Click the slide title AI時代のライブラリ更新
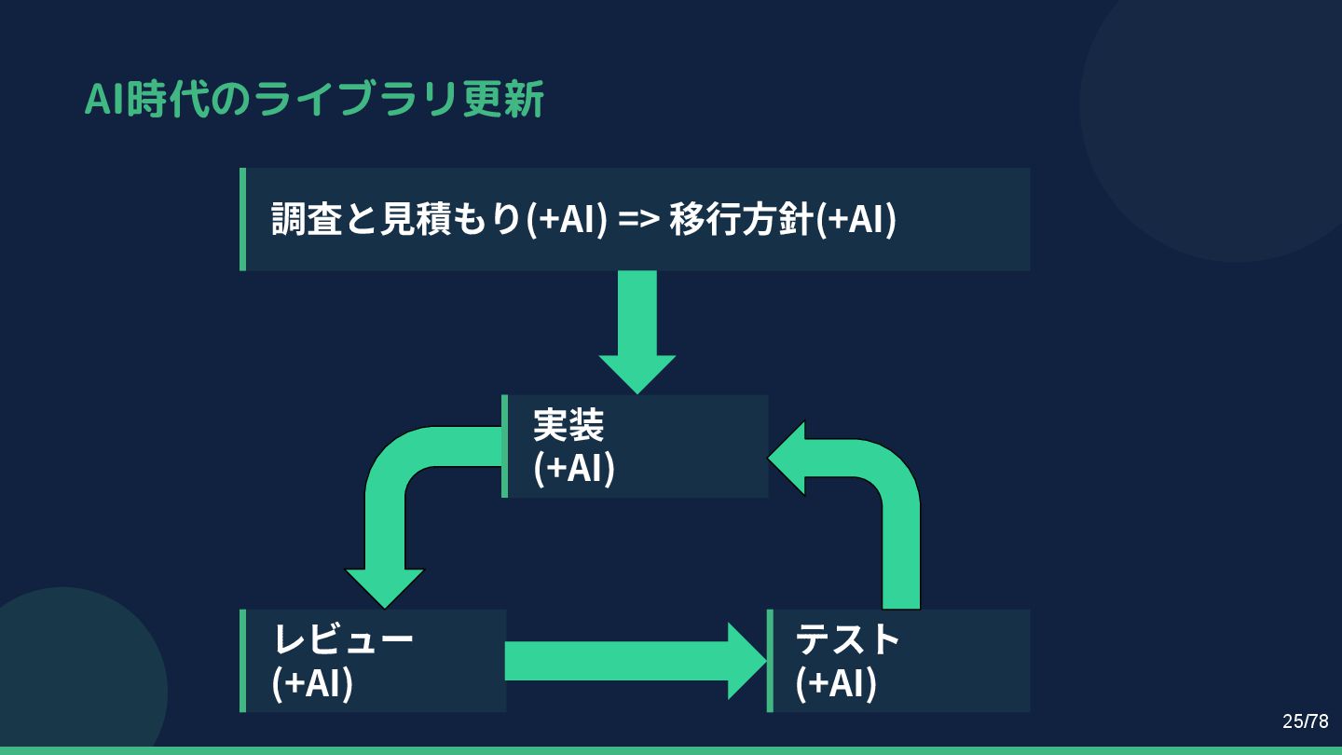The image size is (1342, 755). [x=314, y=100]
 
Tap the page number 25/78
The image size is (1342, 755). [x=1305, y=721]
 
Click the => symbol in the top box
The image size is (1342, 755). [x=639, y=220]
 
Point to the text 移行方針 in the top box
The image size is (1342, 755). [x=741, y=219]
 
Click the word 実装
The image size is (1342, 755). [x=568, y=425]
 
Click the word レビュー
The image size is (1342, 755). [x=343, y=639]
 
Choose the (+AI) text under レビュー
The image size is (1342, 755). [x=312, y=682]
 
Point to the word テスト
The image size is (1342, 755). [x=847, y=639]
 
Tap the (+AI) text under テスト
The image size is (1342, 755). [x=836, y=682]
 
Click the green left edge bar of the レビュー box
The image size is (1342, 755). [x=243, y=661]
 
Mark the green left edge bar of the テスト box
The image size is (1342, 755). [x=770, y=661]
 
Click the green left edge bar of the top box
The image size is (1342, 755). [x=243, y=219]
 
